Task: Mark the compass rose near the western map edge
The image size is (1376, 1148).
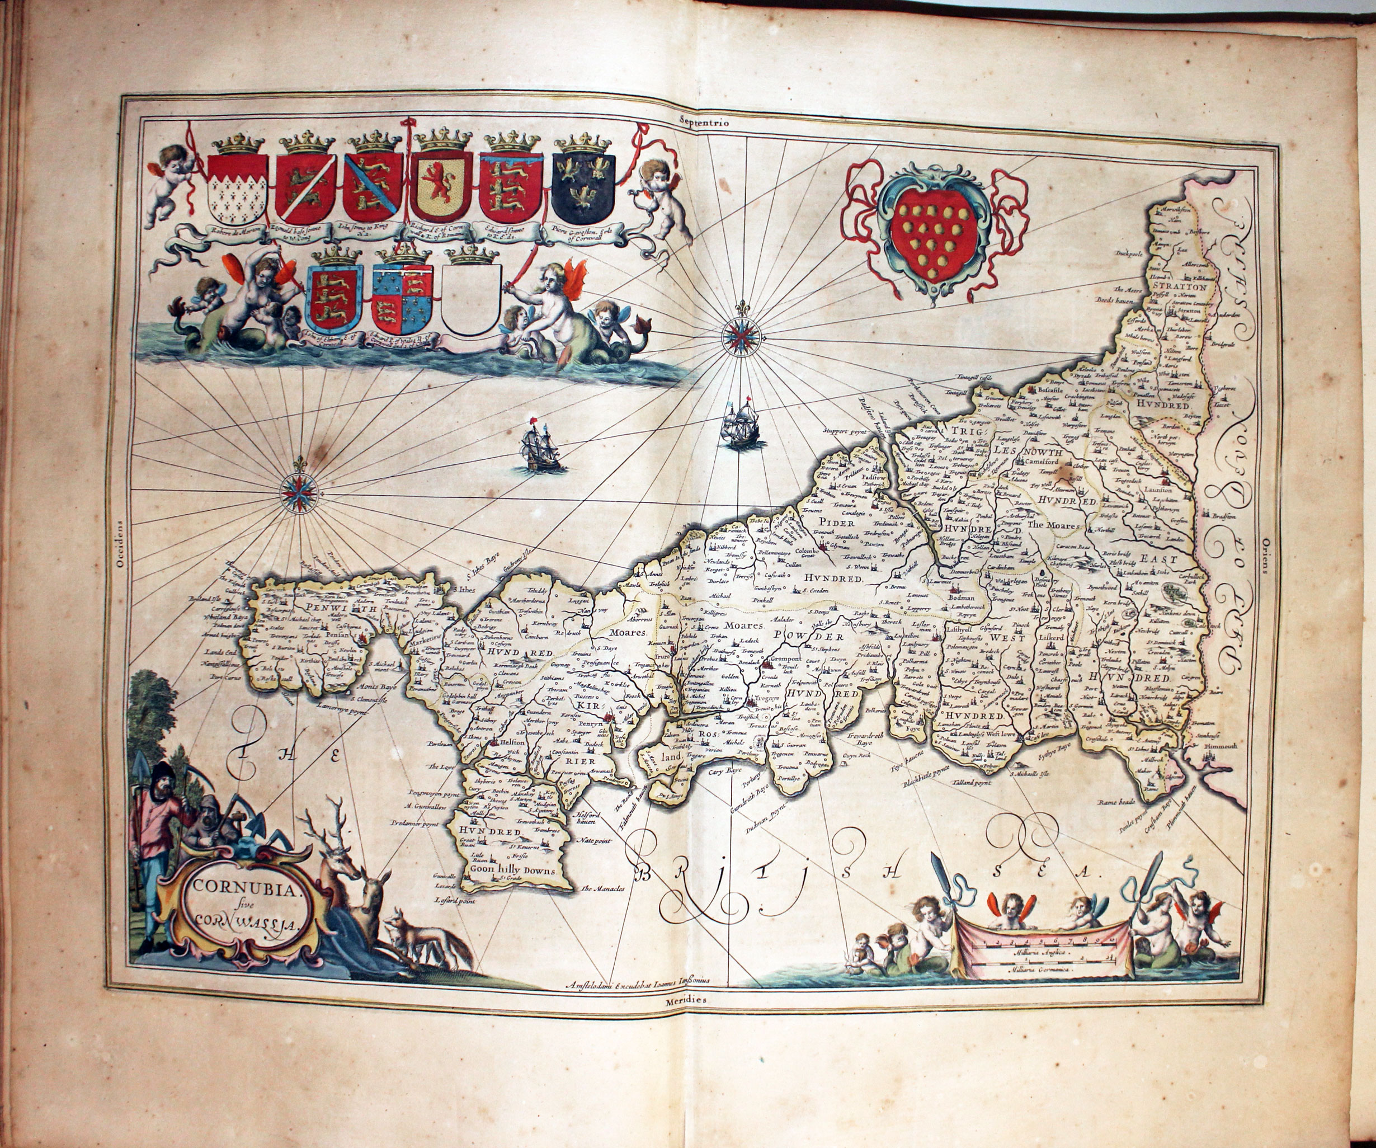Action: [299, 493]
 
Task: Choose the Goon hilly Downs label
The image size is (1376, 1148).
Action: [512, 871]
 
